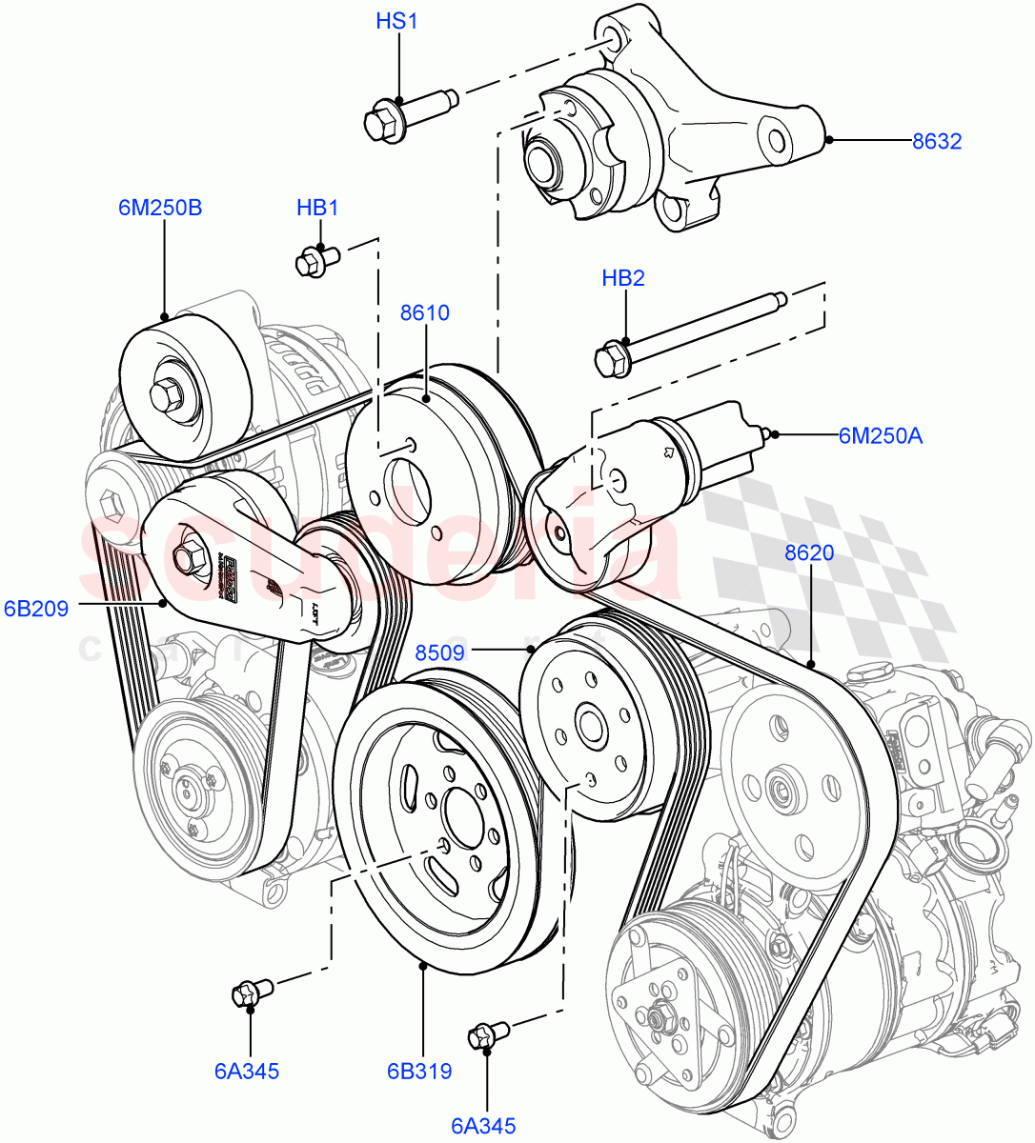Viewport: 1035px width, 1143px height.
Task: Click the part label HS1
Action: pyautogui.click(x=396, y=21)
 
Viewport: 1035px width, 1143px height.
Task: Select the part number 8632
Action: pyautogui.click(x=936, y=142)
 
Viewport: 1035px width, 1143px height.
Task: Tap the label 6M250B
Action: pyautogui.click(x=160, y=208)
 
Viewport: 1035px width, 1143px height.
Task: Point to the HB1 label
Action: pyautogui.click(x=317, y=208)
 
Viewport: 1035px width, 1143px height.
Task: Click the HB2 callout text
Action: pyautogui.click(x=623, y=278)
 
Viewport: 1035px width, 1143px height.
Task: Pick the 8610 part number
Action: pyautogui.click(x=424, y=312)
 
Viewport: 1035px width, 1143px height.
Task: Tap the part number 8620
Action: pyautogui.click(x=809, y=552)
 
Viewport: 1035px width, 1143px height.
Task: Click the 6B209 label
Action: pyautogui.click(x=36, y=608)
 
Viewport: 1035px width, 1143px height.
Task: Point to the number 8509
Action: pyautogui.click(x=439, y=652)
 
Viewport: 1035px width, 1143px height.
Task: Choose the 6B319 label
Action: pyautogui.click(x=418, y=1072)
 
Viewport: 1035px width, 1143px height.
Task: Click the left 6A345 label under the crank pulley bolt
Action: pyautogui.click(x=247, y=1072)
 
